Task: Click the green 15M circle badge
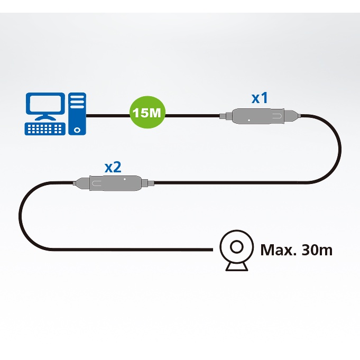(x=147, y=112)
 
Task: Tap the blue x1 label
(x=260, y=98)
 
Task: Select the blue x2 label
(x=113, y=168)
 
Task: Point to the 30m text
(x=317, y=250)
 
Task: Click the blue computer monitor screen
(x=45, y=103)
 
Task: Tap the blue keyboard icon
(x=45, y=129)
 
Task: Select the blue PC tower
(x=77, y=114)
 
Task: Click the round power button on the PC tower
(x=77, y=130)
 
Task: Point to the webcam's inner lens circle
(x=236, y=247)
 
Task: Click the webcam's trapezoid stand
(x=237, y=267)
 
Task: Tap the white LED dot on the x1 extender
(x=249, y=120)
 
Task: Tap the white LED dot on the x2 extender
(x=125, y=179)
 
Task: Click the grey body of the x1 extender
(x=258, y=116)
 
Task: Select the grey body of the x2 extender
(x=115, y=183)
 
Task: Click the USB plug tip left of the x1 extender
(x=223, y=116)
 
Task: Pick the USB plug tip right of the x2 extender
(x=151, y=183)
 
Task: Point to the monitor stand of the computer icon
(x=45, y=117)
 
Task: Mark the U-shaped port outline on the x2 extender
(x=97, y=183)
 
